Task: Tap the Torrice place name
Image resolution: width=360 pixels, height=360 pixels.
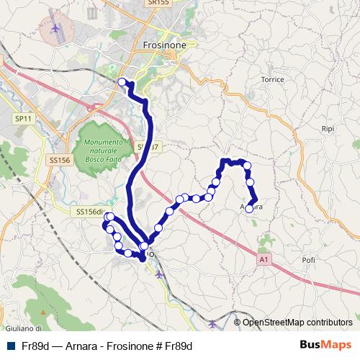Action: (274, 78)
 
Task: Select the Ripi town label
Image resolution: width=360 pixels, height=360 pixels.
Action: (328, 128)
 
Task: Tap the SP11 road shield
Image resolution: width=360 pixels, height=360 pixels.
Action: (24, 118)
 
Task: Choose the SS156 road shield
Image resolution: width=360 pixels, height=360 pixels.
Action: (59, 161)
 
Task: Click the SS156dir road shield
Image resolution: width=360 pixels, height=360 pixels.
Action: (91, 211)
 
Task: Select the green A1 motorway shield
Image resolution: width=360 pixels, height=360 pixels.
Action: (264, 258)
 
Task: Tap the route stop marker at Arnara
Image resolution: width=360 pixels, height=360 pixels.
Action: (249, 209)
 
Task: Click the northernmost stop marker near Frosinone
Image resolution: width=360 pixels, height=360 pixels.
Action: (122, 82)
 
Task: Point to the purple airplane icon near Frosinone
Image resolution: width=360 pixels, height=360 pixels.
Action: (56, 29)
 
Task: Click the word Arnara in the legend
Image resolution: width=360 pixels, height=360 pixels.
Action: (79, 346)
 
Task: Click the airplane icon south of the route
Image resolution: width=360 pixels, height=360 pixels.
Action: (158, 274)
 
